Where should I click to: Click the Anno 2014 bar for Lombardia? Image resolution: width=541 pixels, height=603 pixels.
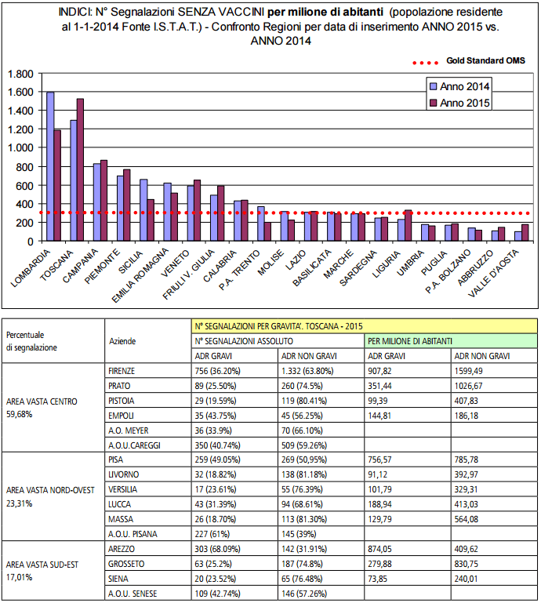coord(50,166)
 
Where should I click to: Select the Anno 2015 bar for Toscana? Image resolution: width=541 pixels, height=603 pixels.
coord(80,169)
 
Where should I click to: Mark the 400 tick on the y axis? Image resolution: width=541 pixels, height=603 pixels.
coord(27,204)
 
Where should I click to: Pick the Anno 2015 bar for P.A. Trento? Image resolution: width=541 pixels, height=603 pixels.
coord(267,232)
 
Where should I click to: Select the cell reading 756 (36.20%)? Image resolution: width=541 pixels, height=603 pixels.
coord(223,372)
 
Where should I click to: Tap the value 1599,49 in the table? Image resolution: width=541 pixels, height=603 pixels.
coord(474,372)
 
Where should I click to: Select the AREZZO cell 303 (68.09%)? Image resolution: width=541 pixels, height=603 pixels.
coord(223,550)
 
